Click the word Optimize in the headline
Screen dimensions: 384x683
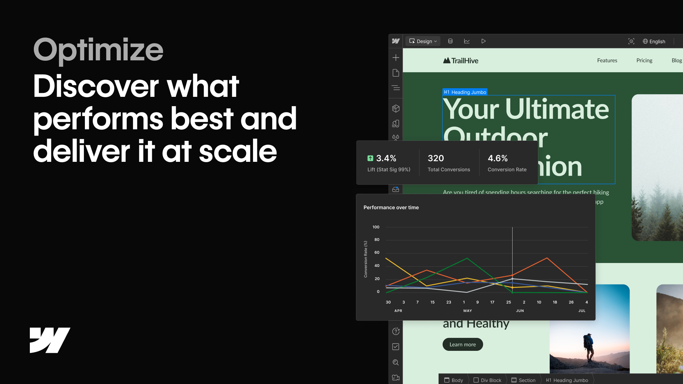98,50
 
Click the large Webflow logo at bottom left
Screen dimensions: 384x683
50,340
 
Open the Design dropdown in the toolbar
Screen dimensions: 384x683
423,41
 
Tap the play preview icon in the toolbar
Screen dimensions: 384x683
483,41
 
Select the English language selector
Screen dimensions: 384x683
654,41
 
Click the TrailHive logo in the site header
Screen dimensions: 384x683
461,61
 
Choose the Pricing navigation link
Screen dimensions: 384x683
644,60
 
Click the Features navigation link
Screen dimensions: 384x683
607,60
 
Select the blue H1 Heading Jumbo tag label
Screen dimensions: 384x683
465,92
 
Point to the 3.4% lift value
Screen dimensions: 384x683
386,158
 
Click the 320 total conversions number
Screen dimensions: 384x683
436,158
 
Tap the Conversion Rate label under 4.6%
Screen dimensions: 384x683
507,169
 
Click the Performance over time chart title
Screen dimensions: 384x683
391,208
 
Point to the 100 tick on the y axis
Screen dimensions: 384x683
376,227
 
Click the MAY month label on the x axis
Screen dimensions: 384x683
467,311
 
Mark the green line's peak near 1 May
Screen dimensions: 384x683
467,258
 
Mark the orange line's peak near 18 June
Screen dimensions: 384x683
547,258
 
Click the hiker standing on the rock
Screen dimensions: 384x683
589,347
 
